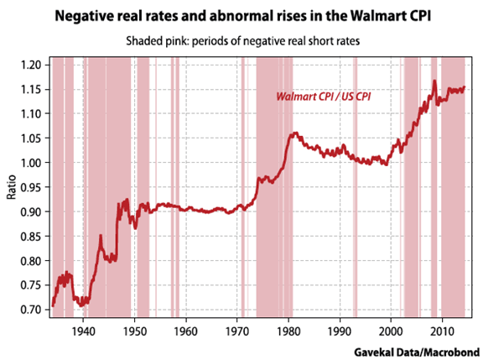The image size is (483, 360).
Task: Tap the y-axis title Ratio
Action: point(12,187)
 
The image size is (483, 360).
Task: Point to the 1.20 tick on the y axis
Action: point(34,65)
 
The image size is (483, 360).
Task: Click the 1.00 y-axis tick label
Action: point(34,163)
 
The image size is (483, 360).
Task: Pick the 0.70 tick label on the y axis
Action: point(34,310)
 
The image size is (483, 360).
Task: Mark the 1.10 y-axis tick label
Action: point(34,114)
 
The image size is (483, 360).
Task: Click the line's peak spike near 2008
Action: point(434,81)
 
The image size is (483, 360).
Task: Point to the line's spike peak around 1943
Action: point(101,237)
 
